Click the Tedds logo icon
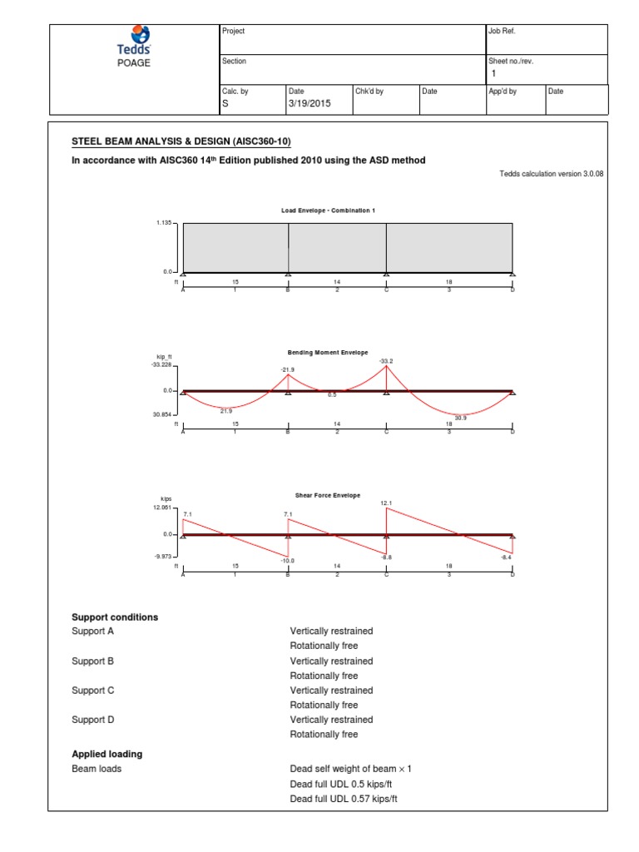point(134,35)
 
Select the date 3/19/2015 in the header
point(310,103)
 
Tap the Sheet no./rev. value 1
point(493,73)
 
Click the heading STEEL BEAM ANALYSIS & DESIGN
point(181,141)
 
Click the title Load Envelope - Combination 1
point(328,211)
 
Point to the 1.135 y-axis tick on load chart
point(163,223)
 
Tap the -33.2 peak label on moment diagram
point(385,361)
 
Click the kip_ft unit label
point(163,356)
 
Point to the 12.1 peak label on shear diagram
point(385,503)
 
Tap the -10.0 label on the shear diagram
point(288,561)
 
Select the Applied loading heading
point(106,754)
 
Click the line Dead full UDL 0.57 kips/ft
point(344,799)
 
